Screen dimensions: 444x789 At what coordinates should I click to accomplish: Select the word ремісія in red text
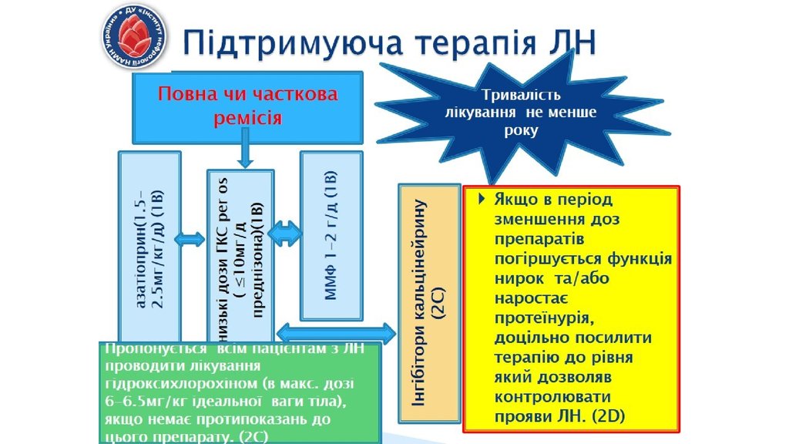(x=247, y=118)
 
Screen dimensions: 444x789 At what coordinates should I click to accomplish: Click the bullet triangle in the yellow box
(x=482, y=199)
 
